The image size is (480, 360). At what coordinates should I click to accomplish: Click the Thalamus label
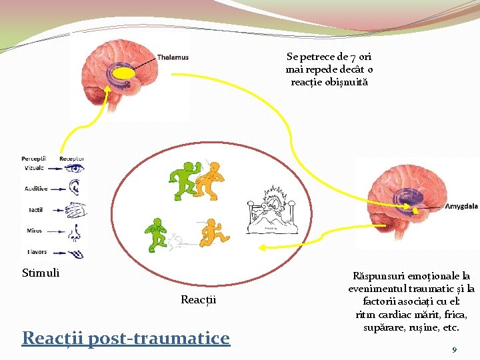coord(173,57)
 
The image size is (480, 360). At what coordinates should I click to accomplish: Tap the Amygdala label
coord(461,207)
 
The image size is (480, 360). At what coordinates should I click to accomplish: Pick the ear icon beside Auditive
coord(73,189)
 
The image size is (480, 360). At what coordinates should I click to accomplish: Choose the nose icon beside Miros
coord(75,231)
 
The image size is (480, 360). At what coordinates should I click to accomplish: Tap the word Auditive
coord(36,189)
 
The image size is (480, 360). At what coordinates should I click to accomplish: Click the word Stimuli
coord(41,272)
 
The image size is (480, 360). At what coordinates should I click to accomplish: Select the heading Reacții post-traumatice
coord(126,338)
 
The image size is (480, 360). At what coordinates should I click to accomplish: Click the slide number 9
coord(453,349)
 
